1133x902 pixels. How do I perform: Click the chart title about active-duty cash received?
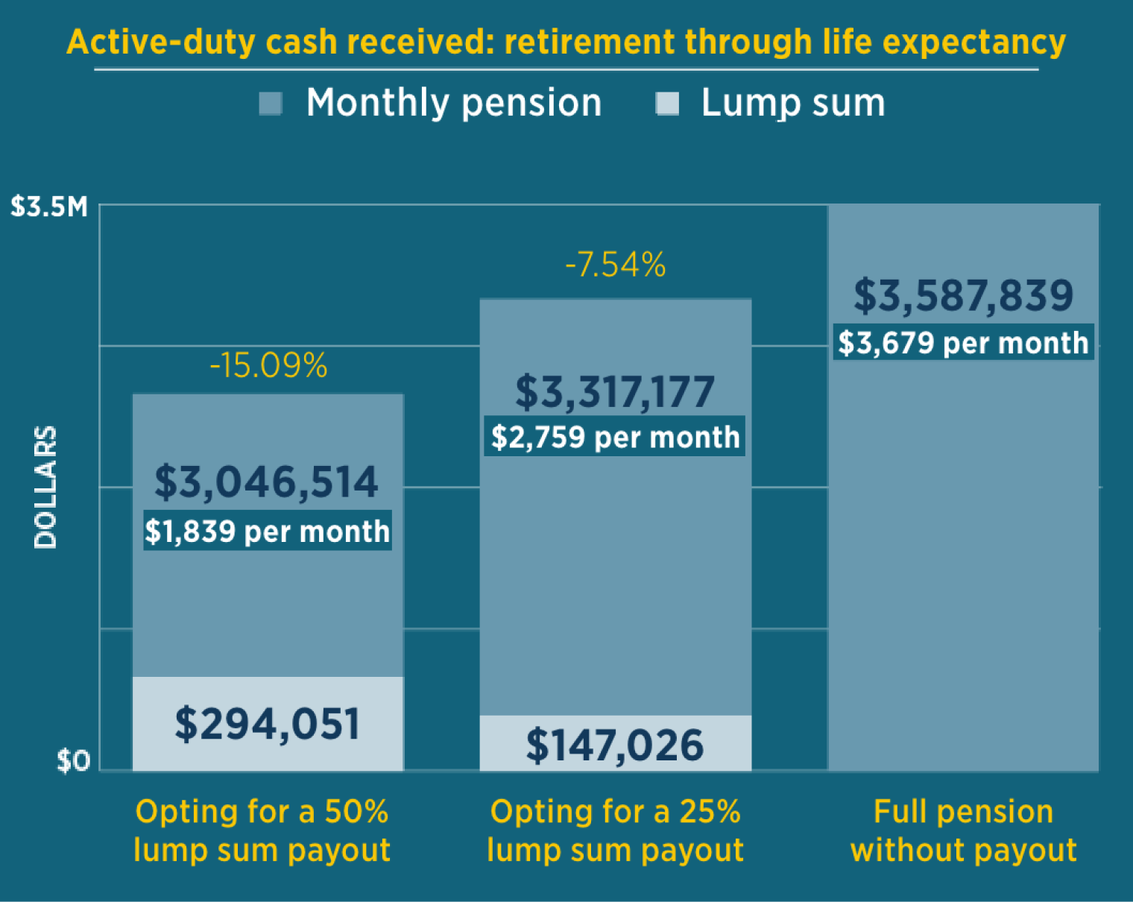(x=566, y=42)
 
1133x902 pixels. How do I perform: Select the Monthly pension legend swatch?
(x=271, y=104)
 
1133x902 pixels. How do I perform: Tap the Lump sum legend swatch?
(x=667, y=104)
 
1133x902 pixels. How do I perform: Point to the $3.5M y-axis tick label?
(x=49, y=206)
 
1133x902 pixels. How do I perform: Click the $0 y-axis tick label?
(x=73, y=761)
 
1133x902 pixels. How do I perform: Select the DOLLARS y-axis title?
(x=45, y=488)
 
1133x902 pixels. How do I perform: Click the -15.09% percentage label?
(x=268, y=366)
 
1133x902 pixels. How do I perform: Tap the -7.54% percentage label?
(x=616, y=265)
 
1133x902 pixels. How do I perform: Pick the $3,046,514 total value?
(x=267, y=482)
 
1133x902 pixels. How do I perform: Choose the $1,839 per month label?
(x=267, y=531)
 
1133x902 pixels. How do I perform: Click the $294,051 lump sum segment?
(x=268, y=724)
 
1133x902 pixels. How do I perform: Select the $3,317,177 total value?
(x=615, y=392)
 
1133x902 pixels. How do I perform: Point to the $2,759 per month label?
(x=615, y=437)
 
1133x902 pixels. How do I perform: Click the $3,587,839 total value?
(x=963, y=295)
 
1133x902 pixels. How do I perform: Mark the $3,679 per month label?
(x=963, y=343)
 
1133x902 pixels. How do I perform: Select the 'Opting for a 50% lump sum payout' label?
(x=262, y=830)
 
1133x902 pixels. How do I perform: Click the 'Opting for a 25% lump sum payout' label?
(x=615, y=830)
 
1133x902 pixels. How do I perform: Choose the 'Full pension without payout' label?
(x=963, y=830)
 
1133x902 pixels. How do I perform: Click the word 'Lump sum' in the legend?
(x=793, y=103)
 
